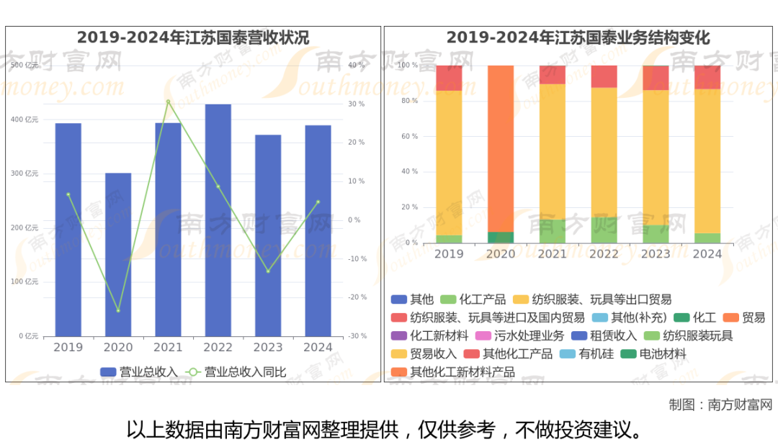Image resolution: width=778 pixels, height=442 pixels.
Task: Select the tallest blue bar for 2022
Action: pyautogui.click(x=218, y=220)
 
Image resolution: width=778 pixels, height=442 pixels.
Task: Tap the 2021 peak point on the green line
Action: pyautogui.click(x=168, y=102)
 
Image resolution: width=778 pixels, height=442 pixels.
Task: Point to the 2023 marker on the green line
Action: pyautogui.click(x=268, y=271)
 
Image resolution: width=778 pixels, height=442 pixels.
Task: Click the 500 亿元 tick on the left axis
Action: pyautogui.click(x=25, y=66)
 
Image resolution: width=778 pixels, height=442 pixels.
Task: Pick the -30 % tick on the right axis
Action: pyautogui.click(x=356, y=336)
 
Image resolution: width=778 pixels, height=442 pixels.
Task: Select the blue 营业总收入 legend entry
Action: pyautogui.click(x=139, y=372)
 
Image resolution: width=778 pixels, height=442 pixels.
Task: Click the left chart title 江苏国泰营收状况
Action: pyautogui.click(x=193, y=37)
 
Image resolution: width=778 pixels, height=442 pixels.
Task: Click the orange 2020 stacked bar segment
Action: pyautogui.click(x=501, y=148)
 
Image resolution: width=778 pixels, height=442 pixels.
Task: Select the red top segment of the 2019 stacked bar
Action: pyautogui.click(x=449, y=78)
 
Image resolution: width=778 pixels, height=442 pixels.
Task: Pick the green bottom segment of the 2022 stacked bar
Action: pyautogui.click(x=604, y=230)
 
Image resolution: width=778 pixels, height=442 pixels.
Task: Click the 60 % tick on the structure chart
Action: pyautogui.click(x=408, y=136)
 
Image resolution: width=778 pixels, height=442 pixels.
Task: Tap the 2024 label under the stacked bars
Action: pyautogui.click(x=707, y=254)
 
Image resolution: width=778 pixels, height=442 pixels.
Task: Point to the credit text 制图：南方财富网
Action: pyautogui.click(x=720, y=405)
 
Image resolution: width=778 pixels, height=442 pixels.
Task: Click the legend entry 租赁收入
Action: pyautogui.click(x=604, y=335)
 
